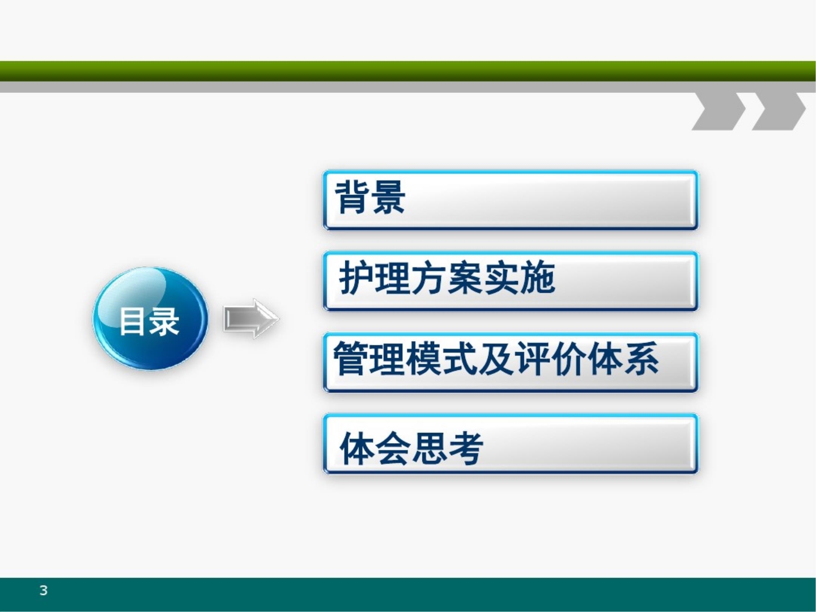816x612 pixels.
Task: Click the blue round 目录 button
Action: point(150,318)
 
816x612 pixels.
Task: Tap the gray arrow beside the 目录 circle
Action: point(250,318)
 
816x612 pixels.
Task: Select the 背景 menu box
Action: point(510,200)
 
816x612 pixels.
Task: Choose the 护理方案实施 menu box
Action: point(510,281)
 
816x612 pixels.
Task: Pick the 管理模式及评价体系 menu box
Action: point(510,362)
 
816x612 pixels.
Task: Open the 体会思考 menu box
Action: point(510,444)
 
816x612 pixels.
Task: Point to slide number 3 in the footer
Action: point(44,590)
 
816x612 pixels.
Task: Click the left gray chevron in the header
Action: point(719,111)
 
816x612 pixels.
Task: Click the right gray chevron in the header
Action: point(779,111)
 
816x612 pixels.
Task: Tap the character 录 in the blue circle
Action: point(165,321)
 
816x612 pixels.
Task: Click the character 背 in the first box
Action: point(352,197)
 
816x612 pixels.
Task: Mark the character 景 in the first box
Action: point(388,197)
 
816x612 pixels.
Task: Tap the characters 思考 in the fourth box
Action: point(448,448)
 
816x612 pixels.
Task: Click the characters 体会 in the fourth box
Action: point(375,448)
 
